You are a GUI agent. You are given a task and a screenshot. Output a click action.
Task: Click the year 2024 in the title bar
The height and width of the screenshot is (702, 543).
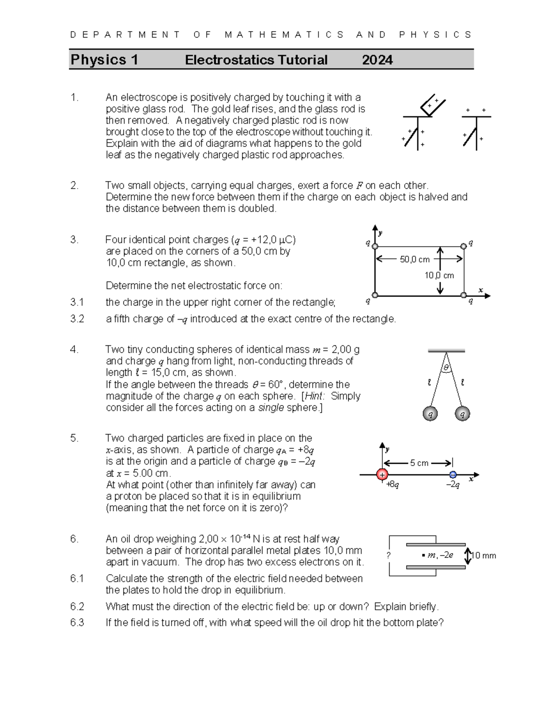(377, 60)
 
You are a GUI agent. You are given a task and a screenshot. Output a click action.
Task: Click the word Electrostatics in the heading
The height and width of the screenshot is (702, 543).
(230, 60)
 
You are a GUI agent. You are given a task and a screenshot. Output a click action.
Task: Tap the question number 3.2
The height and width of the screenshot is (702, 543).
(77, 319)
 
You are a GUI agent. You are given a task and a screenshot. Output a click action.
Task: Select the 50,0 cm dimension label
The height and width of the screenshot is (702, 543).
(414, 259)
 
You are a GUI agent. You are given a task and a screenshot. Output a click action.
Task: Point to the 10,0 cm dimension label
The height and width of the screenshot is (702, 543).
(439, 275)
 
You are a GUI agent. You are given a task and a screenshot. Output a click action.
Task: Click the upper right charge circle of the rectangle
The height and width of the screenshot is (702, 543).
(463, 246)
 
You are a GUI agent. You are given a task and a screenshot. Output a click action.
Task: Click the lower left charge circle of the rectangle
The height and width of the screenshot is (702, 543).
(375, 295)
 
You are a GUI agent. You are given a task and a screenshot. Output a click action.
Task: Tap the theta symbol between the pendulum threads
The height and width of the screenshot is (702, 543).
(446, 368)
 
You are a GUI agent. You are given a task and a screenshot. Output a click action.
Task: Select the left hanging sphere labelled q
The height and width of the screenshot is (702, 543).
(430, 413)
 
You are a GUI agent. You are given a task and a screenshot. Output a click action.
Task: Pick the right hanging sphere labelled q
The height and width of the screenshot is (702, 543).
(462, 413)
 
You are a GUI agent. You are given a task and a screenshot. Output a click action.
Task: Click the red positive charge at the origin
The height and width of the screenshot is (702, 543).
(382, 475)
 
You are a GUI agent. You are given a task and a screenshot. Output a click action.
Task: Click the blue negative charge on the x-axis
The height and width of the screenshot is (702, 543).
(452, 475)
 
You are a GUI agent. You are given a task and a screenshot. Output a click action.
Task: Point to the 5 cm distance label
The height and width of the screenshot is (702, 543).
(419, 463)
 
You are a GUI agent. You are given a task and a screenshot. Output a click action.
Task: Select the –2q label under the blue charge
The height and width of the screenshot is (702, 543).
(452, 485)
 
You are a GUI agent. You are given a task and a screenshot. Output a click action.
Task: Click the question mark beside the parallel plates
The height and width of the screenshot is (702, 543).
(388, 556)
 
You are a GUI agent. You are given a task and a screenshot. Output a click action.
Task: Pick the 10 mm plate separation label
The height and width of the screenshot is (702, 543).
(484, 556)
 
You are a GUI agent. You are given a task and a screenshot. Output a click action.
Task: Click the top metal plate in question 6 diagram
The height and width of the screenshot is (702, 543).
(435, 545)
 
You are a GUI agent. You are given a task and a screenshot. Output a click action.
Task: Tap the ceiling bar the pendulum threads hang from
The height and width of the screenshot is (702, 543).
(446, 350)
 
